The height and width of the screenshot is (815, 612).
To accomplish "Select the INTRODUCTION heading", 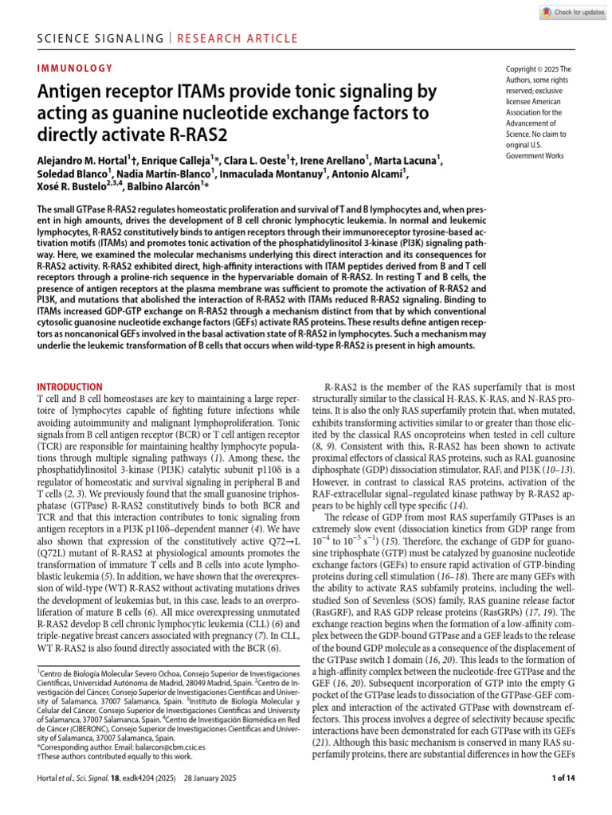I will (x=71, y=386).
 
